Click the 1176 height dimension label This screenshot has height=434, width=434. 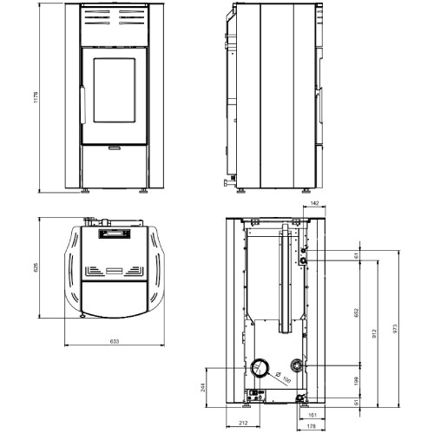36,97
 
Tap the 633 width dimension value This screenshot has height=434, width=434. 115,341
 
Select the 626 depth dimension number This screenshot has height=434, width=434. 36,267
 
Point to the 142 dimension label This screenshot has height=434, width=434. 314,203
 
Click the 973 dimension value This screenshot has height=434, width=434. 395,329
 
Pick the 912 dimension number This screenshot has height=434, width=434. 374,334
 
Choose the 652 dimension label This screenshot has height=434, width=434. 356,312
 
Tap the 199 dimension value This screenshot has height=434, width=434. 356,381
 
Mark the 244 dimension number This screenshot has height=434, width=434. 203,387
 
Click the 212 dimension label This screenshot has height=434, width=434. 244,423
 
